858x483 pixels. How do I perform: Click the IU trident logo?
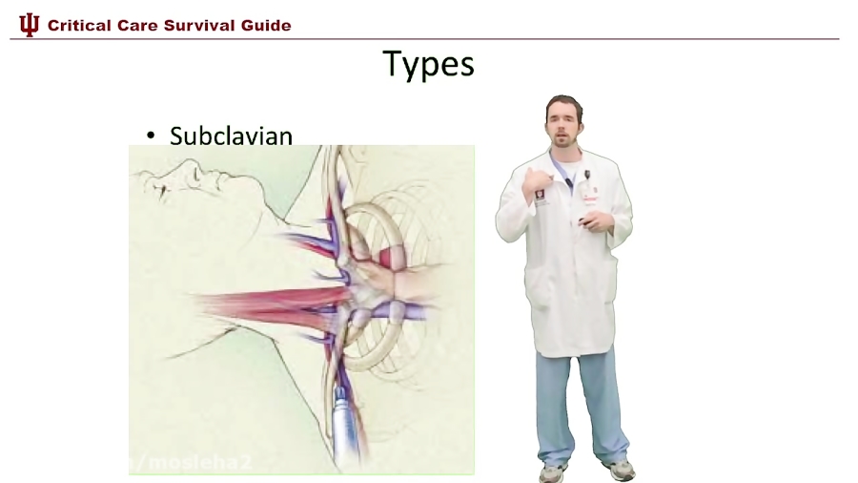point(30,25)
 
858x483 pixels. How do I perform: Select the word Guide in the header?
point(268,26)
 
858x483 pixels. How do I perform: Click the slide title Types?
point(428,64)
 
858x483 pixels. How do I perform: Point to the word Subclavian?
point(231,136)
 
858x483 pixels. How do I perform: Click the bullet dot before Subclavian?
point(151,136)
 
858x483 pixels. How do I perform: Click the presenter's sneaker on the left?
point(552,472)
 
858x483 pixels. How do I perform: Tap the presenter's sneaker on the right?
point(620,469)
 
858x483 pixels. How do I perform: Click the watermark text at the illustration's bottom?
point(191,463)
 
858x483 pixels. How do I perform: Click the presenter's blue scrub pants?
point(582,401)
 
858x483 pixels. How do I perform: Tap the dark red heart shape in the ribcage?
point(392,256)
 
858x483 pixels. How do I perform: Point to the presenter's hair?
point(564,102)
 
